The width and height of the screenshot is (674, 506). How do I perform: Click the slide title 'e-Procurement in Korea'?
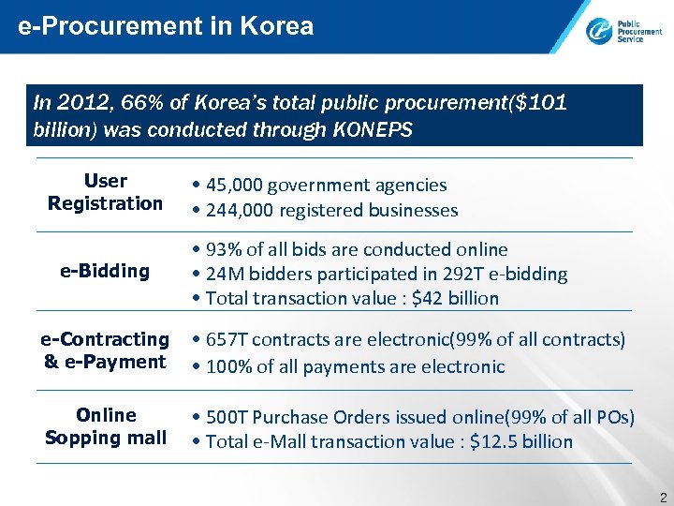[166, 26]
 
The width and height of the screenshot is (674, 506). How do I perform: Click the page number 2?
[662, 496]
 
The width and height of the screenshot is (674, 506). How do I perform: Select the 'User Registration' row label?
[105, 192]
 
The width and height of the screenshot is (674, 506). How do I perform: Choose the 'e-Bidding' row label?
[105, 272]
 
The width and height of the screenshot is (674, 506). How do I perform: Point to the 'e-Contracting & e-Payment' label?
[105, 350]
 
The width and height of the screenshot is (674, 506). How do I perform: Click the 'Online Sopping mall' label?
[106, 426]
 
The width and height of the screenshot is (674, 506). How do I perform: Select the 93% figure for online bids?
[222, 249]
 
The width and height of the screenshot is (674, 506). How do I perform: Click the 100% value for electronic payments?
[227, 365]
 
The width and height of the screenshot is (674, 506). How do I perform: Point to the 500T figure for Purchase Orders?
[226, 416]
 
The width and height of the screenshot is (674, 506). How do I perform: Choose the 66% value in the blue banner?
[138, 102]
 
